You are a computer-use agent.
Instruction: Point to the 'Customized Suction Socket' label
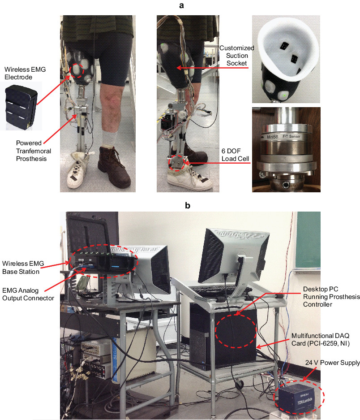pyautogui.click(x=236, y=55)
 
